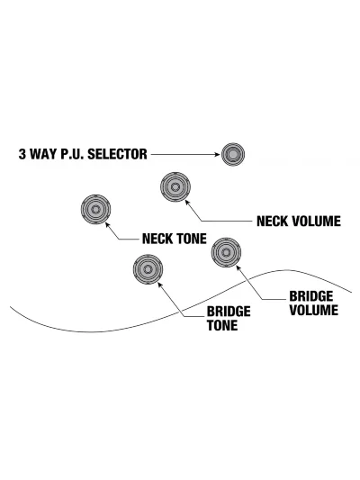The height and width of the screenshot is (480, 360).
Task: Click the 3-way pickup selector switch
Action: (233, 154)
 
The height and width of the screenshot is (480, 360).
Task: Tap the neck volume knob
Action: (175, 186)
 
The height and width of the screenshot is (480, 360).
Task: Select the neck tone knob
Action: (95, 210)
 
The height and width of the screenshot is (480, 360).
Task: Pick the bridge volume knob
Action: (226, 252)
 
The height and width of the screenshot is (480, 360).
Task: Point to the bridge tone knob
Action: (148, 269)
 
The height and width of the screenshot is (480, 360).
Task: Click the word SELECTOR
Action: (118, 154)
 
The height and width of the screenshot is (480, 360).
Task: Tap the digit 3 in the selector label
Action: (22, 154)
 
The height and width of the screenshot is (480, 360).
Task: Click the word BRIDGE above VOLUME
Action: (311, 296)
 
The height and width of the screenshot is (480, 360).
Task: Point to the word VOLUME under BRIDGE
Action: (314, 310)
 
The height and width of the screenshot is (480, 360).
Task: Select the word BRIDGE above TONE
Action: (229, 312)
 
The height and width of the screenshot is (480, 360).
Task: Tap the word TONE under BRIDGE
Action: (222, 325)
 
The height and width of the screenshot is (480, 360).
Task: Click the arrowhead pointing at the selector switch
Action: (218, 155)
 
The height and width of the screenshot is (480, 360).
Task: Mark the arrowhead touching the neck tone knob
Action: (107, 224)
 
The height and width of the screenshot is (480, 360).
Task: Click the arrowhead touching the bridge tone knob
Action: (160, 285)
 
